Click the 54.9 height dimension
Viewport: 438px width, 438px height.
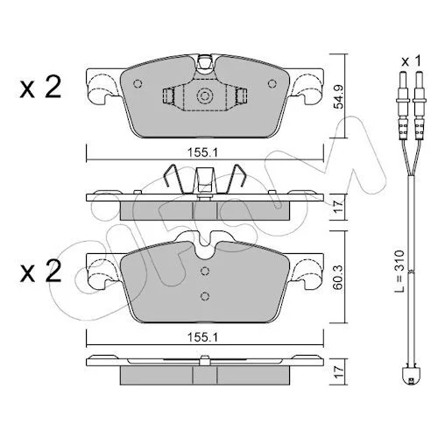(x=339, y=97)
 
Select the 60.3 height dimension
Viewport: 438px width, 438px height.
(x=339, y=278)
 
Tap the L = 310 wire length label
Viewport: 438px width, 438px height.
(x=400, y=271)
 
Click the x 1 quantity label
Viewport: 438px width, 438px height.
(x=411, y=61)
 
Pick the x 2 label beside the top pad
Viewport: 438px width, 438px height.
(x=40, y=87)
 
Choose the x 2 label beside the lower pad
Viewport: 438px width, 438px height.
(x=40, y=271)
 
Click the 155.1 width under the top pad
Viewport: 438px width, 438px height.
(x=202, y=152)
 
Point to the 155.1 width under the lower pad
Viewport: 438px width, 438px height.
(x=202, y=338)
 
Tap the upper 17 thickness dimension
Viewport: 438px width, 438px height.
(x=339, y=207)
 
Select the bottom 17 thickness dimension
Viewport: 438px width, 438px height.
(x=339, y=371)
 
